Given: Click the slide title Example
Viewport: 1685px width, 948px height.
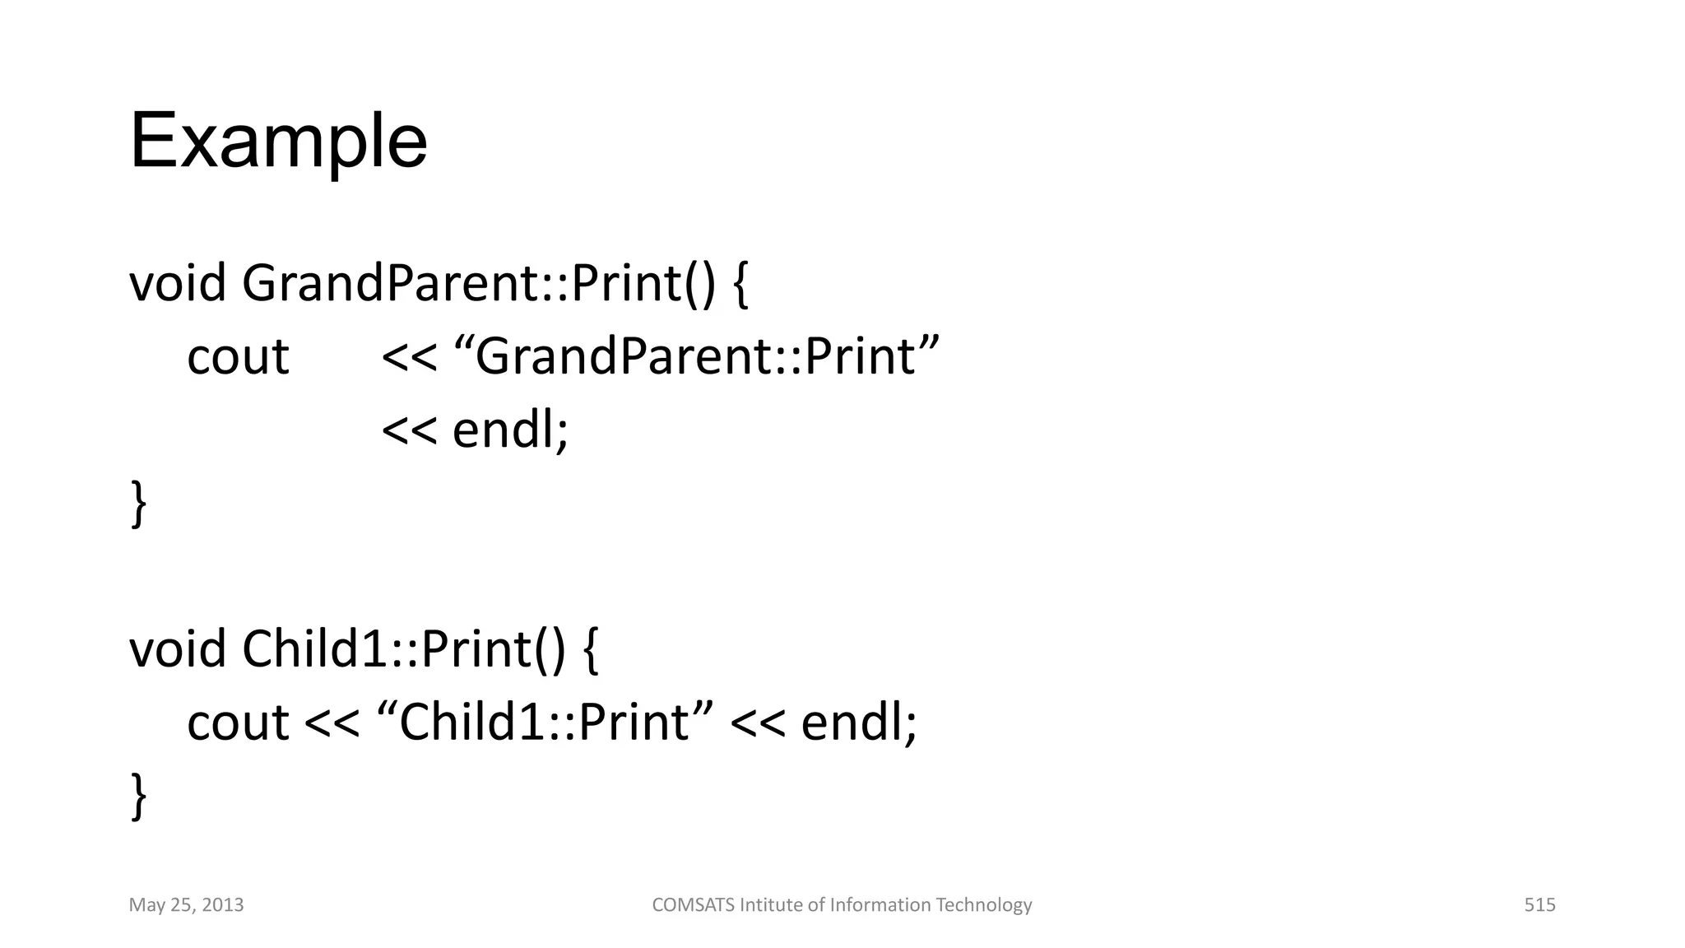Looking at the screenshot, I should click(x=278, y=142).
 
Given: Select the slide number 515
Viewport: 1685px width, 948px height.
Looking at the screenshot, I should click(x=1539, y=905).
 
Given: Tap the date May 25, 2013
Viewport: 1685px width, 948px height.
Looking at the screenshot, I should click(x=186, y=905).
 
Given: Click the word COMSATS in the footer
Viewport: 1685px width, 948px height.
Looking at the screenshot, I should click(x=693, y=905).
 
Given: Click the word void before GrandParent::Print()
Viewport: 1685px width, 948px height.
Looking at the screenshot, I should click(x=177, y=283).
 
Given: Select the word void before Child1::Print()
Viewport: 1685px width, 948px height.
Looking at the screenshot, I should click(x=177, y=649).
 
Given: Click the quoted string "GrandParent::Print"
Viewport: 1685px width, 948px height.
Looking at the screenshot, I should click(x=696, y=357).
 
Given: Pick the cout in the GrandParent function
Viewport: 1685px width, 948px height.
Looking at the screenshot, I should click(x=238, y=357).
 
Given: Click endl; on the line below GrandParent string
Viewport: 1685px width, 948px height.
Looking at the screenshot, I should click(x=510, y=430).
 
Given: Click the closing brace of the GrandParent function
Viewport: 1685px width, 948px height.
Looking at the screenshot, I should click(x=139, y=504).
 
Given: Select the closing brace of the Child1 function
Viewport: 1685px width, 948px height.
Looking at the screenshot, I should click(x=139, y=796).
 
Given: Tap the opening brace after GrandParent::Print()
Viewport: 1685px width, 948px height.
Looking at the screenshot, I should click(x=740, y=285).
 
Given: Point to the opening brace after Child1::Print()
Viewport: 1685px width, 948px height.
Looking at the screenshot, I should click(x=590, y=650).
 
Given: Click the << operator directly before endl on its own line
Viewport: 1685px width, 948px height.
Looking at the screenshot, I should click(x=409, y=431).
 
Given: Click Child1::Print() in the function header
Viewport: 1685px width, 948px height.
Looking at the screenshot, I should click(x=404, y=649).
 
